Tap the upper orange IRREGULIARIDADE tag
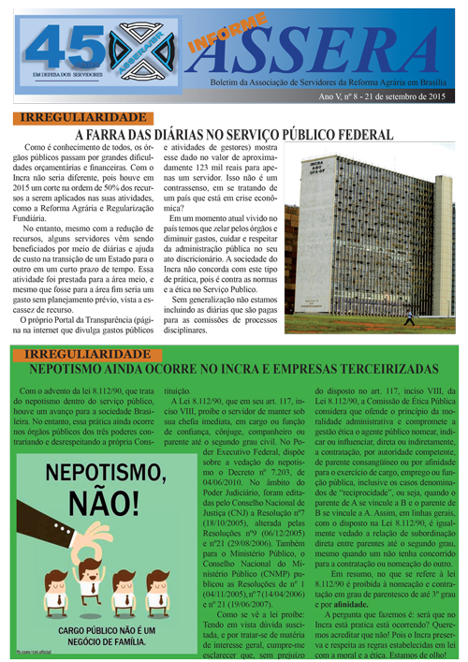(70, 118)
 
